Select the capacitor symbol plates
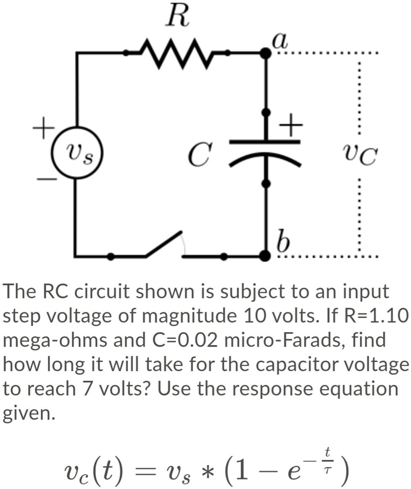[265, 149]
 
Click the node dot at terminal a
[265, 52]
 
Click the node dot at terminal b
[265, 255]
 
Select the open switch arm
[164, 244]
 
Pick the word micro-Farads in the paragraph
[283, 340]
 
